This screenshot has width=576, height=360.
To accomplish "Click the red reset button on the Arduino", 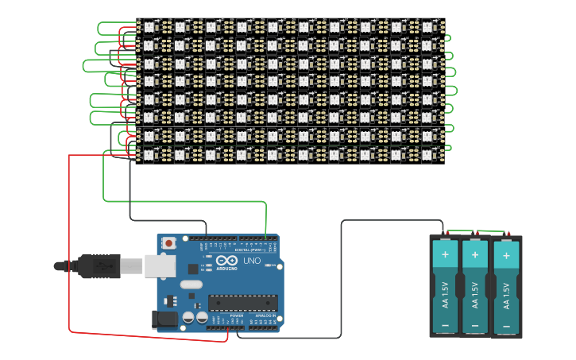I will (169, 243).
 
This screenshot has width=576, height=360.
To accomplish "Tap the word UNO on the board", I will (251, 261).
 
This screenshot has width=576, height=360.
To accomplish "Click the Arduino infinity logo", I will (226, 261).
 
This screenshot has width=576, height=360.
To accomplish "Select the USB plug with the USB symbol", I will (99, 266).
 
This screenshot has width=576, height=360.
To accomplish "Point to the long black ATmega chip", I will (243, 302).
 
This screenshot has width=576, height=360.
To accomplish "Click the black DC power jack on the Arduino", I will (163, 319).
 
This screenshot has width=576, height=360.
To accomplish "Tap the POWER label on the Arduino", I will (237, 315).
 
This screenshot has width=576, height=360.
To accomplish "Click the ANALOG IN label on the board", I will (264, 315).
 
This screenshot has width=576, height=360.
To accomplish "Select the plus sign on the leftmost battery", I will (445, 255).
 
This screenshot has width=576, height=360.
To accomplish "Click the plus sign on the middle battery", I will (475, 255).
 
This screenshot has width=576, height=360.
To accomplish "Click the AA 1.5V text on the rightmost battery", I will (506, 296).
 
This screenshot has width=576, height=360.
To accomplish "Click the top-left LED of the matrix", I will (148, 26).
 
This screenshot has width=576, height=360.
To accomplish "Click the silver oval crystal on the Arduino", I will (191, 285).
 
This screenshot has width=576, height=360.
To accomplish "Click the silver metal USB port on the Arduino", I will (160, 266).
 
